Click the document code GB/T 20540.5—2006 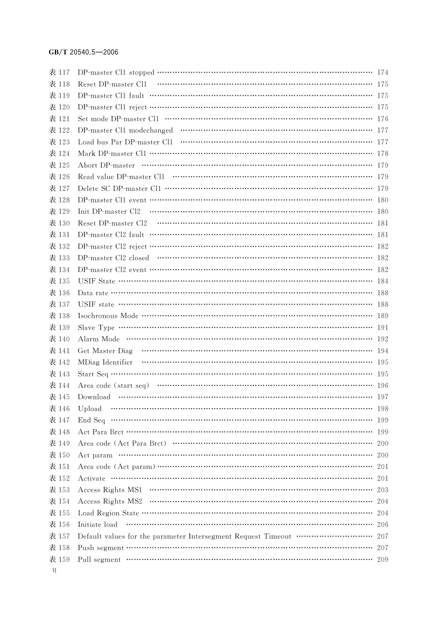83,52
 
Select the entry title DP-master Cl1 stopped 116,73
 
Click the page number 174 383,73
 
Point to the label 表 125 59,165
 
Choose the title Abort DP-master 106,165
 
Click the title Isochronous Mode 108,316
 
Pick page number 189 383,316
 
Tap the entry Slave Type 96,327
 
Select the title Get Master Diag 105,351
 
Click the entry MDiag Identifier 105,362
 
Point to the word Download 94,397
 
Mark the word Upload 90,409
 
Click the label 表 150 59,455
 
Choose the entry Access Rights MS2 110,502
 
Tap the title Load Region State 108,513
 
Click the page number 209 383,559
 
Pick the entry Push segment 101,548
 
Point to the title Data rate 93,293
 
